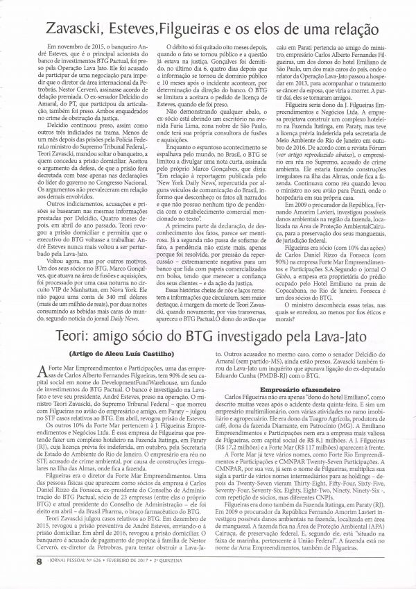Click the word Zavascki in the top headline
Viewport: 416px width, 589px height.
(77, 28)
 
